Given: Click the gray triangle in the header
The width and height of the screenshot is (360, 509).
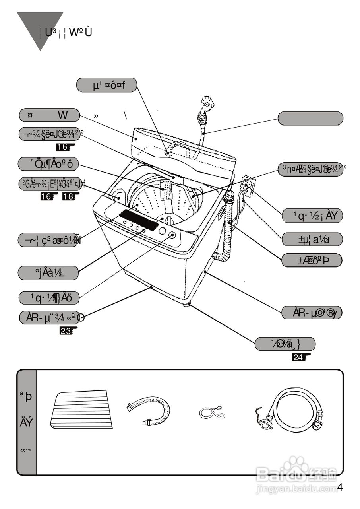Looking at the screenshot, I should (40, 28).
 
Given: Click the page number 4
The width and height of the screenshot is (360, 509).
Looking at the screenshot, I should (340, 487).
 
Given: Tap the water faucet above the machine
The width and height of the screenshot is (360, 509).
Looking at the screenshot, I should (207, 104).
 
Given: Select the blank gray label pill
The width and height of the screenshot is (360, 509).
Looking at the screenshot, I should (310, 119).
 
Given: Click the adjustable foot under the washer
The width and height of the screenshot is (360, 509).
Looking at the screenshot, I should (187, 305).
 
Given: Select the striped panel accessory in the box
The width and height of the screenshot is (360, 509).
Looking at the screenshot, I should (81, 410).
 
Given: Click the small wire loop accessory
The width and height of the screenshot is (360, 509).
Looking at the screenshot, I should (212, 414).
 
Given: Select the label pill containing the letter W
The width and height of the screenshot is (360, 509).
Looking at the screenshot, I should (49, 115).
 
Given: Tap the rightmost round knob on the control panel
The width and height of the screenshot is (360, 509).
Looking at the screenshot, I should (172, 235).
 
